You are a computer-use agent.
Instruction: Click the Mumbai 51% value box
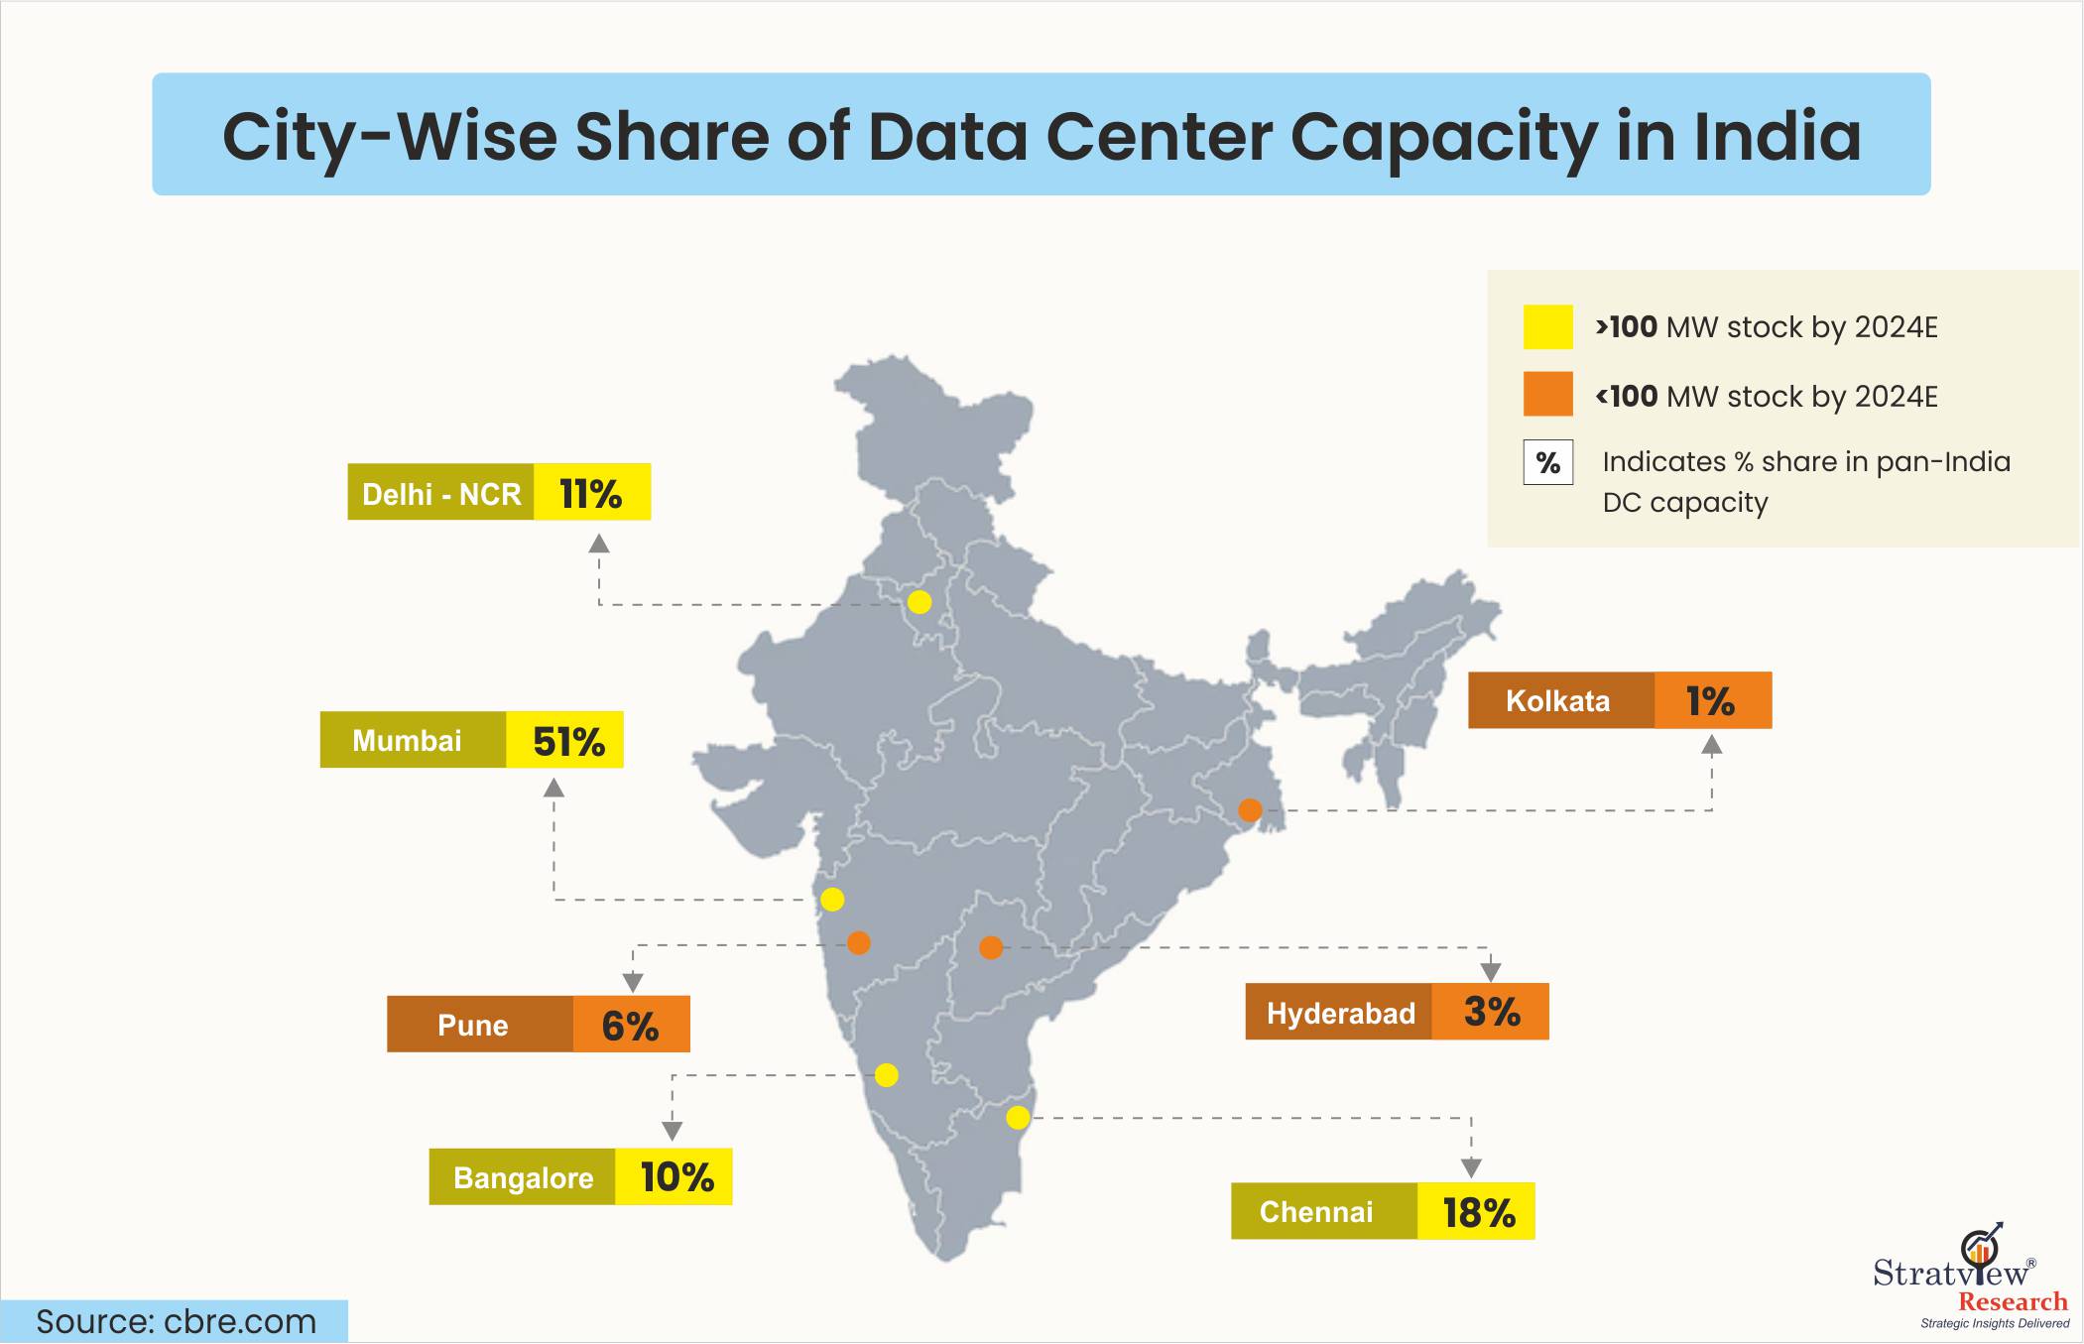(565, 740)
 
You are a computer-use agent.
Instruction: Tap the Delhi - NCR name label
(440, 493)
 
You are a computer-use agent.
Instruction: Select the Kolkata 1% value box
(1712, 700)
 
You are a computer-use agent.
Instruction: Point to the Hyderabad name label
(1339, 1013)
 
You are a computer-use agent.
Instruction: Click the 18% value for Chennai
(1477, 1211)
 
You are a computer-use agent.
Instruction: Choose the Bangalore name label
(523, 1177)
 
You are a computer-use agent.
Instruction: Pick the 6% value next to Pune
(631, 1025)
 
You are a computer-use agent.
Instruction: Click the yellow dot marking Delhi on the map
(919, 602)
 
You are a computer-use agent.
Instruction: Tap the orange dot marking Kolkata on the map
(1250, 810)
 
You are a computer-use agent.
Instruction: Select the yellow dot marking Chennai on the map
(1018, 1118)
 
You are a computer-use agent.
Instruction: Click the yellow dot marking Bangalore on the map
(887, 1075)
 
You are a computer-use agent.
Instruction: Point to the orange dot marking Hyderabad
(991, 947)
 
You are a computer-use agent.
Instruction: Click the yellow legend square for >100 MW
(1547, 327)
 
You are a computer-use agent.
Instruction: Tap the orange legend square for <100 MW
(1547, 395)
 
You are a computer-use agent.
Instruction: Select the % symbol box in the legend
(1547, 463)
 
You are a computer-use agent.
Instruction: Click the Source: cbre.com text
(176, 1322)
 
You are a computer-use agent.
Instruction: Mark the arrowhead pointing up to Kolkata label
(1712, 744)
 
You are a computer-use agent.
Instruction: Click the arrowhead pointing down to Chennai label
(1471, 1166)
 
